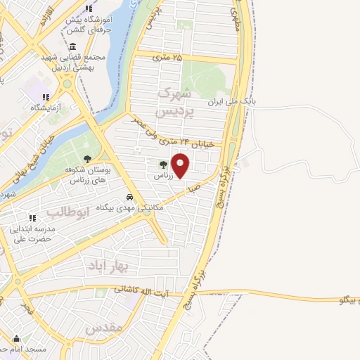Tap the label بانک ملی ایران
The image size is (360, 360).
point(231,103)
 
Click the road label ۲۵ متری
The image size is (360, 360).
point(167,58)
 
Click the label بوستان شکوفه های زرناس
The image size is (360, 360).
point(87,174)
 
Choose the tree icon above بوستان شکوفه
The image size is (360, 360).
point(87,159)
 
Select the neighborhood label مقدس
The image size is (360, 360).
point(104,328)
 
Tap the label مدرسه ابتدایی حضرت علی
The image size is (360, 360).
point(33,233)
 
